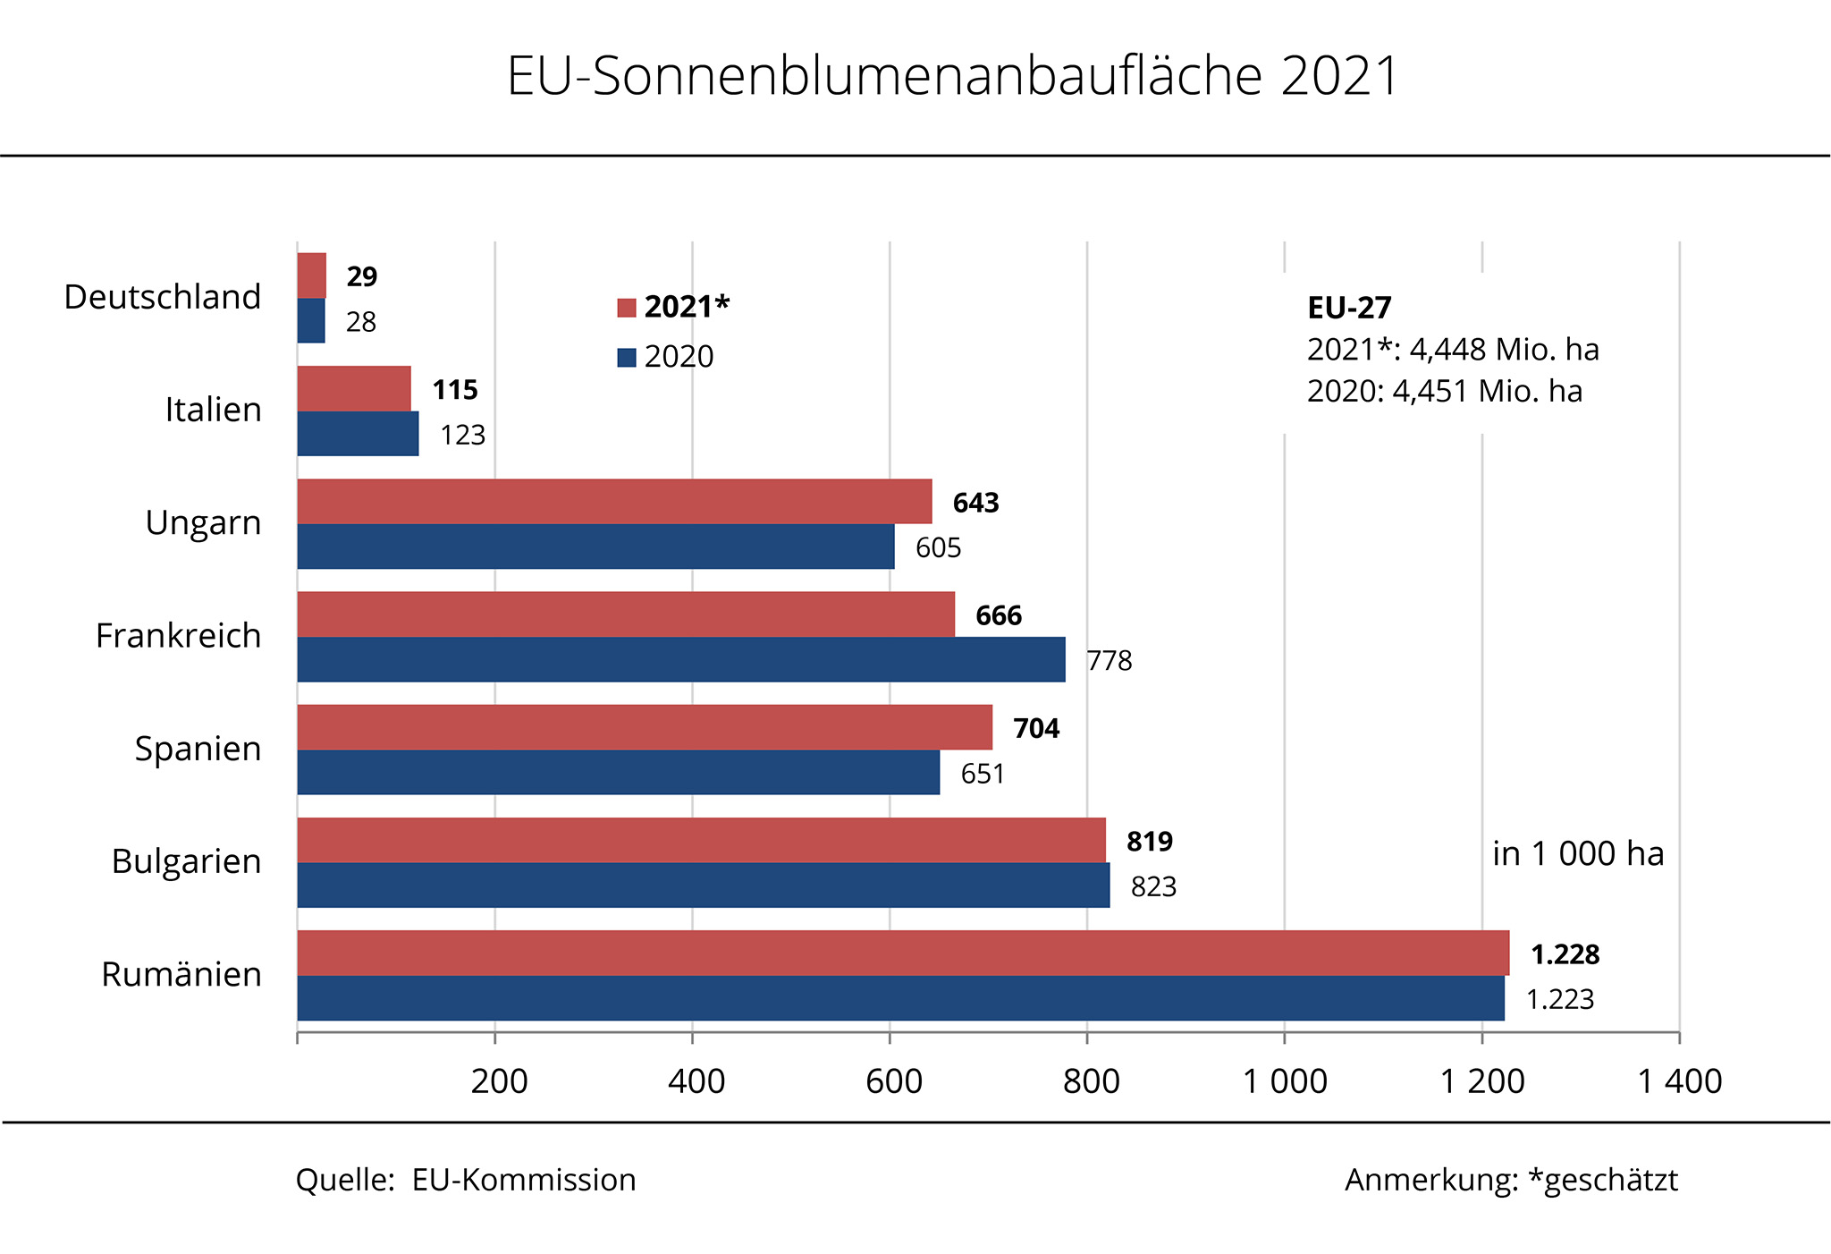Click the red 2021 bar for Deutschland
tap(312, 275)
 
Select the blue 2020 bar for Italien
tap(358, 434)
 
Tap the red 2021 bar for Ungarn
tap(614, 502)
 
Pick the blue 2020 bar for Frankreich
tap(680, 659)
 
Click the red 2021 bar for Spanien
tap(645, 727)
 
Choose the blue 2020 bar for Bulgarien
tap(703, 885)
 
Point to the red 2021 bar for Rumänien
tap(903, 953)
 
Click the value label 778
tap(1110, 661)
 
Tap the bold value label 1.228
tap(1565, 954)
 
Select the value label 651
tap(983, 774)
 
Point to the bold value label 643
tap(975, 503)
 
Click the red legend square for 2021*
tap(627, 308)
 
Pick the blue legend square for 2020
tap(627, 358)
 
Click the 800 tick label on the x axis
tap(1091, 1081)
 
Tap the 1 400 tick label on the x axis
tap(1679, 1081)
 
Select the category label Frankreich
tap(178, 636)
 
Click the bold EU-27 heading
tap(1349, 308)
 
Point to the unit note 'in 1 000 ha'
tap(1578, 854)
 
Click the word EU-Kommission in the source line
tap(524, 1180)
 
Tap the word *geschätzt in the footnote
tap(1602, 1181)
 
